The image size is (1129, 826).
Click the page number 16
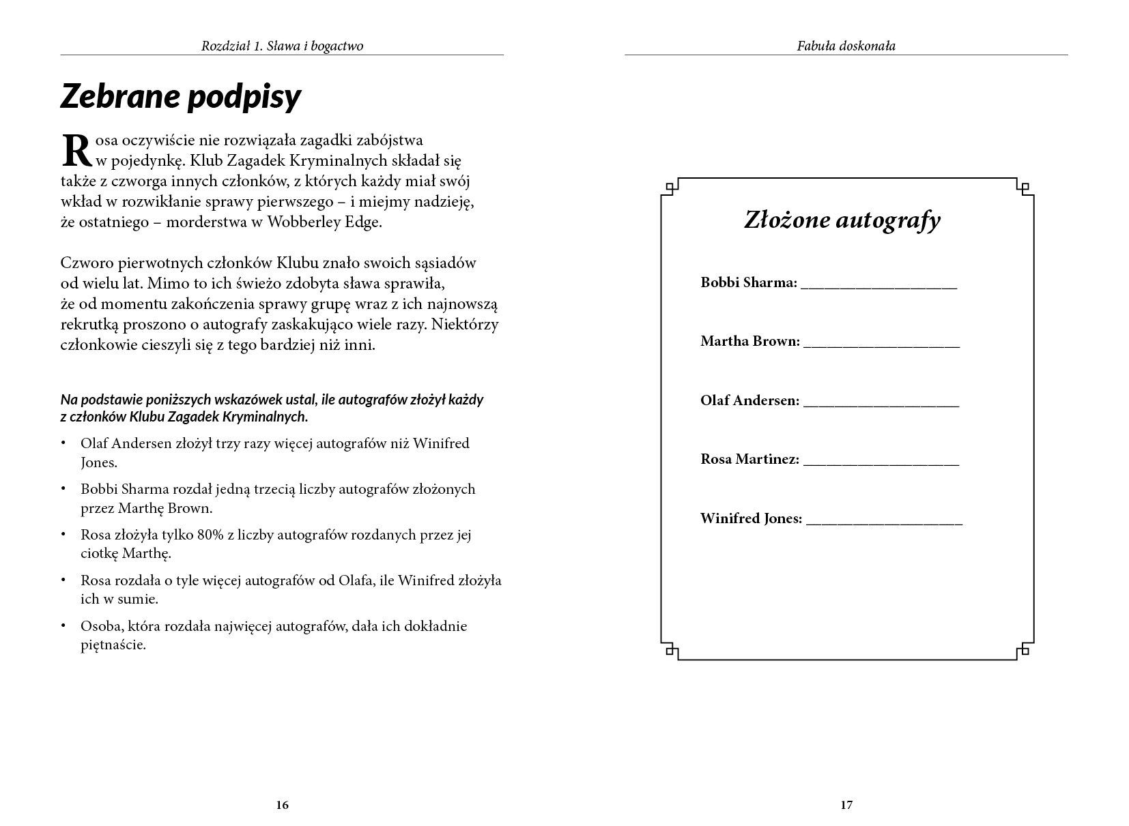coord(283,805)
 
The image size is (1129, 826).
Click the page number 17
coord(846,805)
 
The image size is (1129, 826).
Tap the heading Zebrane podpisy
coord(181,97)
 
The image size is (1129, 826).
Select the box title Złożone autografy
coord(842,220)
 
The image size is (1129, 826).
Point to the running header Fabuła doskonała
coord(846,46)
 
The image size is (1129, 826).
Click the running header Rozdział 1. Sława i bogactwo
coord(282,46)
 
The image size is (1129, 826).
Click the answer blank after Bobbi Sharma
coord(879,286)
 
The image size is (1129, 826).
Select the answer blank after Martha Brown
coord(881,345)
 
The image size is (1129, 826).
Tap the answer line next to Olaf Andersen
coord(881,404)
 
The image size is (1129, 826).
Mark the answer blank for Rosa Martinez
coord(881,463)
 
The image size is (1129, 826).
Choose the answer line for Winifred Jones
coord(884,522)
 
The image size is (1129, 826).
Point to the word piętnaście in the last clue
coord(113,645)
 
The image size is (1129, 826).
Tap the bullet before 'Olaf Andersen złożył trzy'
coord(64,443)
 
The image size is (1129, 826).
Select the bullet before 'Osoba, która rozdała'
coord(64,626)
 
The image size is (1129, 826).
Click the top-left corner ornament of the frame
coord(670,186)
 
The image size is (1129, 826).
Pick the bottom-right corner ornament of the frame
coord(1023,651)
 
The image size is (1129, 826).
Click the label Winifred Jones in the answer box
coord(751,518)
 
